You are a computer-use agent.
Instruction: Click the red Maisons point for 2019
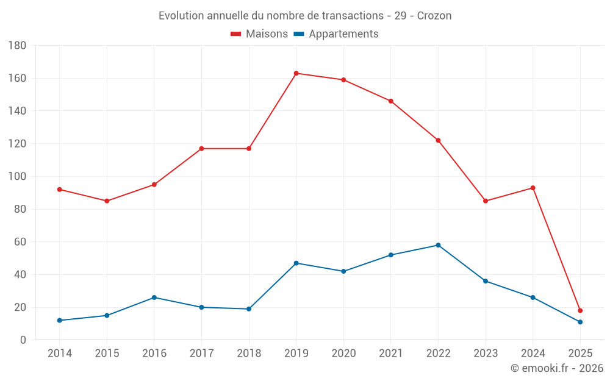tap(296, 73)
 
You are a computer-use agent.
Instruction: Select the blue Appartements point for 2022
tap(438, 245)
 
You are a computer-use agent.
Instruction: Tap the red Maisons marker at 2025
tap(580, 310)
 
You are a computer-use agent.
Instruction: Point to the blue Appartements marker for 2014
tap(59, 320)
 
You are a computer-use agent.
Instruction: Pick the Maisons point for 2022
tap(438, 140)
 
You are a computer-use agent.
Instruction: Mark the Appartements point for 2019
tap(296, 263)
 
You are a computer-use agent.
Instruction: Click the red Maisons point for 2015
tap(107, 201)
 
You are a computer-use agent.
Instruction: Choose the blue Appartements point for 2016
tap(154, 297)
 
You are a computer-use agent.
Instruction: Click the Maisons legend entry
tap(259, 34)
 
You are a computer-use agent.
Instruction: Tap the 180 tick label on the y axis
tap(17, 46)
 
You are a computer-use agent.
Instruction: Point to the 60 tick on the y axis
tap(20, 242)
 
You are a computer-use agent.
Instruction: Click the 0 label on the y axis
tap(23, 340)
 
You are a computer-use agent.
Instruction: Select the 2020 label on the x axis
tap(343, 354)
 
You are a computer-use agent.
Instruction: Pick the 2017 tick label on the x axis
tap(201, 354)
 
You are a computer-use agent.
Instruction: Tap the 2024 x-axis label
tap(533, 354)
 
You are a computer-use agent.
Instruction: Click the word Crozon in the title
tap(434, 16)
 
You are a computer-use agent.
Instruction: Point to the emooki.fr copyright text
tap(557, 368)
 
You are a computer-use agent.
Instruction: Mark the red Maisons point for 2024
tap(533, 188)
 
